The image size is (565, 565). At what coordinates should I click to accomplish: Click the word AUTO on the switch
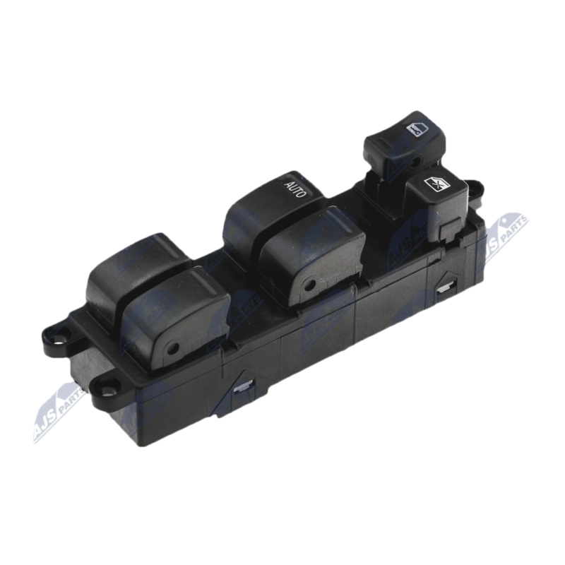click(x=295, y=189)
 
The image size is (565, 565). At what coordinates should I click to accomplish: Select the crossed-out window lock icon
click(x=436, y=185)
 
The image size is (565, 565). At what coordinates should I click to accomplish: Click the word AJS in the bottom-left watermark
click(x=49, y=422)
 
